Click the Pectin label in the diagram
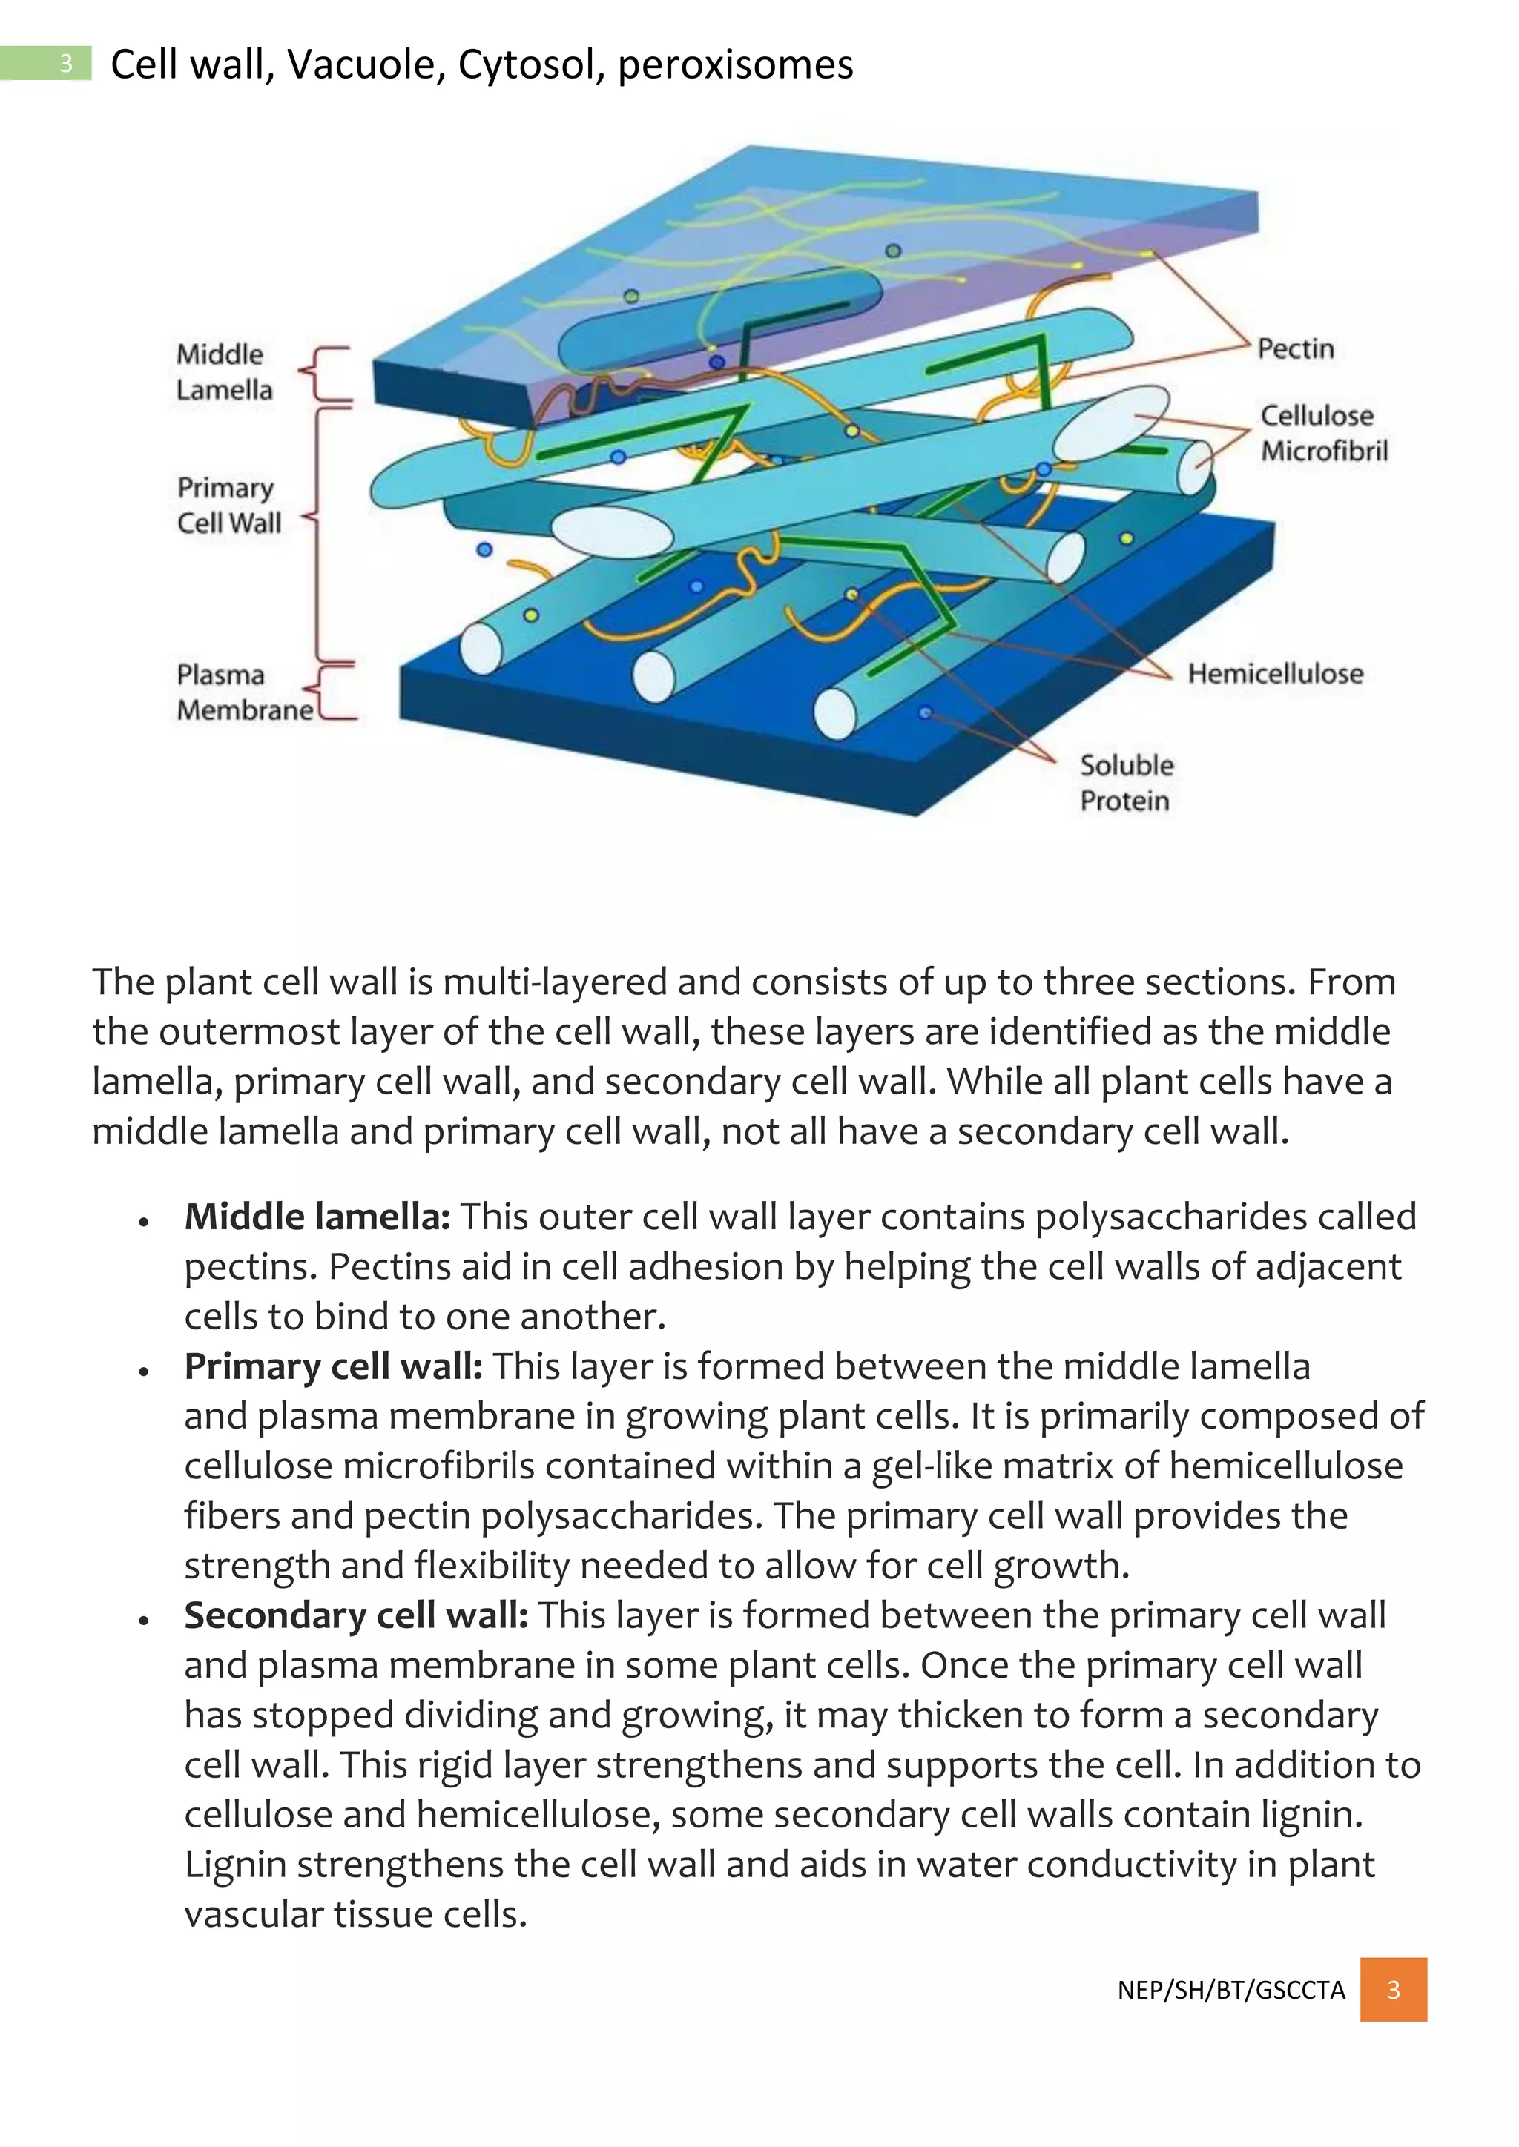pyautogui.click(x=1294, y=348)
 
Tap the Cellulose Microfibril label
pyautogui.click(x=1322, y=433)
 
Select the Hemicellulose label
pyautogui.click(x=1275, y=673)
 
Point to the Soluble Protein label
pyautogui.click(x=1125, y=783)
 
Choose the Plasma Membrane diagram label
pyautogui.click(x=244, y=692)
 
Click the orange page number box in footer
pyautogui.click(x=1393, y=1989)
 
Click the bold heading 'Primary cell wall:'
pyautogui.click(x=333, y=1366)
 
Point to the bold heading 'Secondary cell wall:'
pyautogui.click(x=355, y=1615)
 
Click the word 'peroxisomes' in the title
pyautogui.click(x=735, y=64)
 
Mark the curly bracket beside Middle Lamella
pyautogui.click(x=327, y=374)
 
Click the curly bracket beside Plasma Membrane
pyautogui.click(x=335, y=692)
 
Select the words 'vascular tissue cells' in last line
pyautogui.click(x=355, y=1914)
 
